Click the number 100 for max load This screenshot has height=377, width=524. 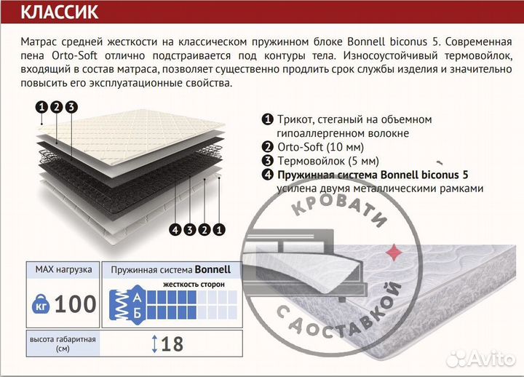tap(75, 303)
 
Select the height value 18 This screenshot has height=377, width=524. tap(172, 344)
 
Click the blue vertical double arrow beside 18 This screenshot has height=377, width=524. tap(154, 344)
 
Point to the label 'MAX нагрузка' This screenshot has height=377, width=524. tap(63, 269)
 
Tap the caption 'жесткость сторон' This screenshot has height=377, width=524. tap(193, 284)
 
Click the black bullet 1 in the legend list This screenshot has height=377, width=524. tap(268, 119)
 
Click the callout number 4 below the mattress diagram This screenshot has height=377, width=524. tap(175, 231)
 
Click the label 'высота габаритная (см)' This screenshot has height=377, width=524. tap(63, 344)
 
